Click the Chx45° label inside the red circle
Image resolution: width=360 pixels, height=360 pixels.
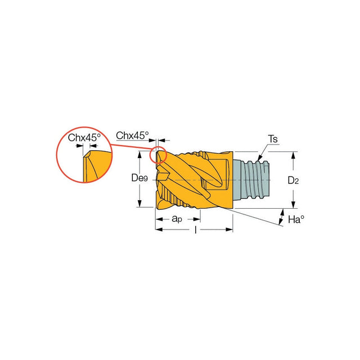[84, 138]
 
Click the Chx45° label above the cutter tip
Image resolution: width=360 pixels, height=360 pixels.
[132, 136]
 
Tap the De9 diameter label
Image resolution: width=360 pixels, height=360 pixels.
[139, 178]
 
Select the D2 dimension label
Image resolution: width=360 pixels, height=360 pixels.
[293, 181]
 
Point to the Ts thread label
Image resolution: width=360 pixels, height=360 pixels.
[273, 139]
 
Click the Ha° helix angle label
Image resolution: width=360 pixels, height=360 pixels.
[296, 219]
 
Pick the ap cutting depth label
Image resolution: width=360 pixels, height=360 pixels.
[177, 219]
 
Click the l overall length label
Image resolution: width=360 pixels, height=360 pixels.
[196, 229]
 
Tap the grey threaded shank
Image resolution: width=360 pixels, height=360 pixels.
[251, 179]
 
